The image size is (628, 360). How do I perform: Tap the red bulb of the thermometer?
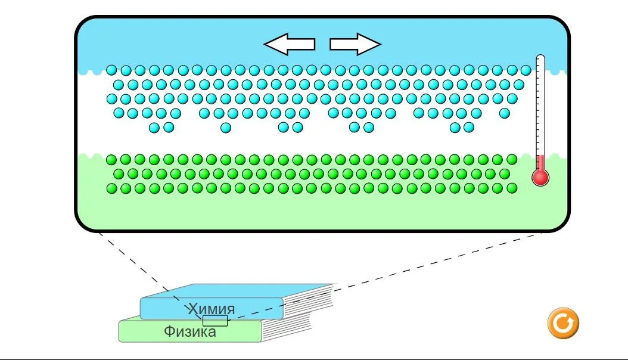(x=540, y=177)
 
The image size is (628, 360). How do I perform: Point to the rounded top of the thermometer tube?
(x=540, y=58)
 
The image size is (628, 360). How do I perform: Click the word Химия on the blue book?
(x=212, y=309)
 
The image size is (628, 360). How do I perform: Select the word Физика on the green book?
(x=190, y=332)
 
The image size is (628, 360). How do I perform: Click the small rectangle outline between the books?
(x=215, y=321)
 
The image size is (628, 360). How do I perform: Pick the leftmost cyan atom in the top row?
(x=111, y=70)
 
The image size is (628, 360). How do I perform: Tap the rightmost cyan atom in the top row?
(x=526, y=70)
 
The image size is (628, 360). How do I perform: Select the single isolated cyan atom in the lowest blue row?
(x=225, y=127)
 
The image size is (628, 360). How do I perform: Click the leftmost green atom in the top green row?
(x=111, y=159)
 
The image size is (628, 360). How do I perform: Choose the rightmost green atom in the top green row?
(x=512, y=159)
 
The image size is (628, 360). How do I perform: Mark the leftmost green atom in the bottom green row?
(x=111, y=188)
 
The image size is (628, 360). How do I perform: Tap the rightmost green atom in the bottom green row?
(x=512, y=188)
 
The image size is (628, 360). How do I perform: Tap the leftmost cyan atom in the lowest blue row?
(x=154, y=127)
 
